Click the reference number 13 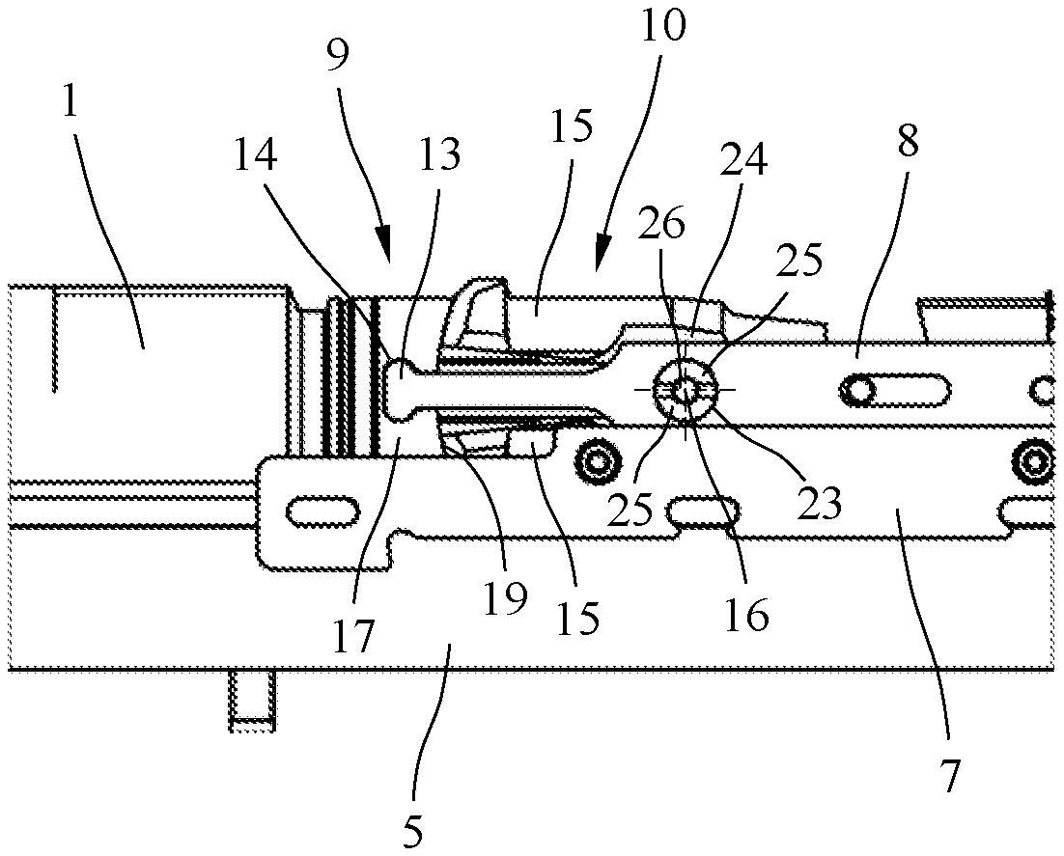coord(439,154)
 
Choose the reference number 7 coord(949,775)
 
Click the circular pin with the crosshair coord(685,389)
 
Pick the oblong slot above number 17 coord(320,509)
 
